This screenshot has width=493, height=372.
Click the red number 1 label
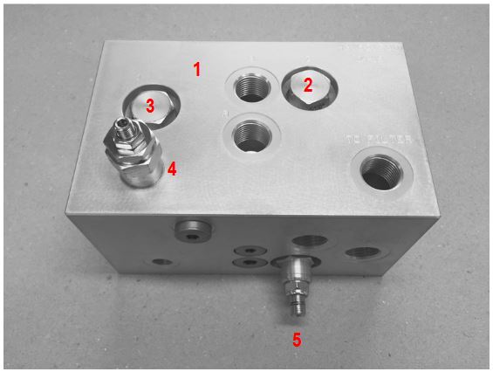[x=198, y=69]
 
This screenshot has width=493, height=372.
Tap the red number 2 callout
[x=307, y=85]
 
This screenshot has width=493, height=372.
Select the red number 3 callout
[x=150, y=107]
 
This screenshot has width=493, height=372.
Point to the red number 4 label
[x=173, y=169]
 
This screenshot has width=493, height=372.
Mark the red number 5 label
[x=297, y=340]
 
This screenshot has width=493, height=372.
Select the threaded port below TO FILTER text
[x=380, y=170]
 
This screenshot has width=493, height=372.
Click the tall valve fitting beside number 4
[x=136, y=157]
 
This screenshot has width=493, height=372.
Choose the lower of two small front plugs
[x=250, y=261]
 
